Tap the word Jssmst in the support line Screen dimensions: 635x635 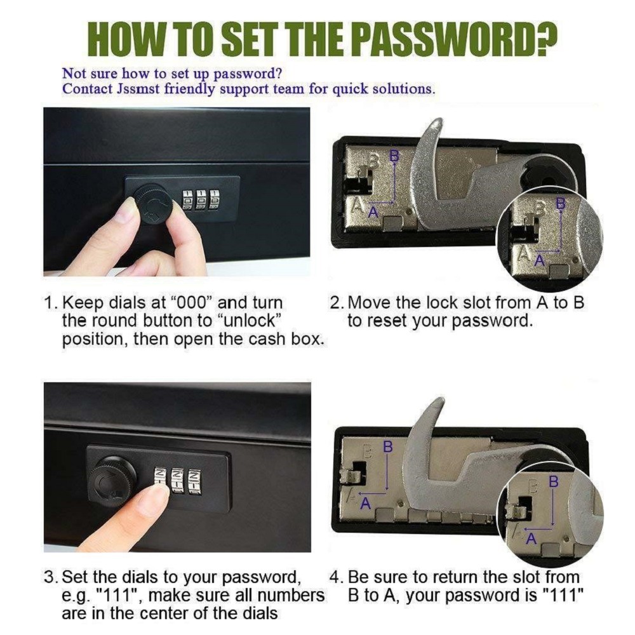coord(138,88)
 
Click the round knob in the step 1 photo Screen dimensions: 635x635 coord(152,204)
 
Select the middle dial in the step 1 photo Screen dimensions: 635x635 coord(201,199)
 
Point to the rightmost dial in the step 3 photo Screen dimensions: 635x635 coord(195,481)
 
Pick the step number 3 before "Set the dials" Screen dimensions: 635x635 coord(49,577)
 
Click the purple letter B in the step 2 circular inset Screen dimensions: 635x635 coord(561,203)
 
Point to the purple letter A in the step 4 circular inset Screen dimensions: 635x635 coord(531,539)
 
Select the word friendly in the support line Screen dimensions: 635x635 coord(189,89)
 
